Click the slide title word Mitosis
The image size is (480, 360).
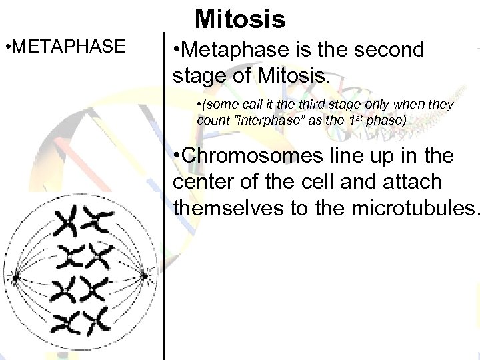tap(241, 19)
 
